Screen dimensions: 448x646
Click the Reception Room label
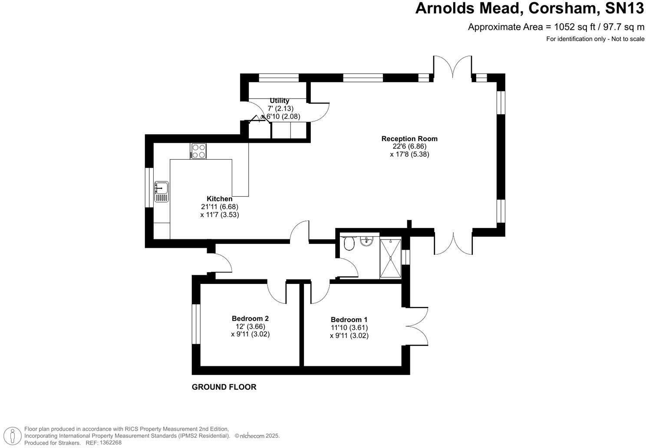point(409,139)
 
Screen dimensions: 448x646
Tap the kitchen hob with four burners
point(199,151)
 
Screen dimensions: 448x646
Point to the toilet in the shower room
point(348,244)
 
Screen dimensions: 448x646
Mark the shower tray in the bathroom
point(390,257)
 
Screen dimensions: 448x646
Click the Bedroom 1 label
point(349,320)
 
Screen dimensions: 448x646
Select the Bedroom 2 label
point(250,319)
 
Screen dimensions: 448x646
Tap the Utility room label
point(279,101)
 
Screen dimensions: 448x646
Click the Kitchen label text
point(219,199)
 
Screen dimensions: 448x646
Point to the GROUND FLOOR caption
point(224,387)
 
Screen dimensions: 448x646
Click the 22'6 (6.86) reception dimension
point(409,146)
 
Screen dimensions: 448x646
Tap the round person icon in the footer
point(14,435)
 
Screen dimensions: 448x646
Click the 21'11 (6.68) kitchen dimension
point(219,207)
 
